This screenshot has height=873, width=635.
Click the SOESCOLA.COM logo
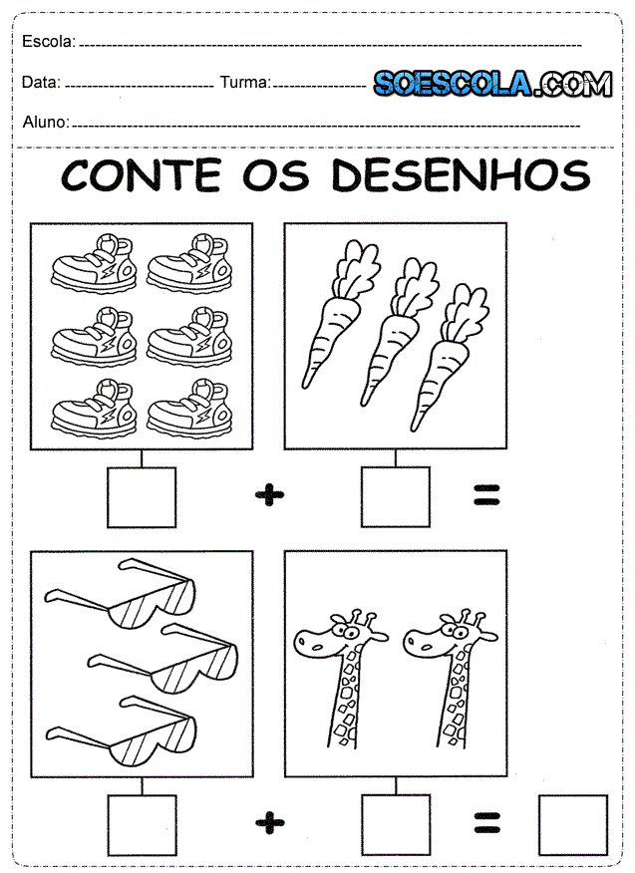coord(493,84)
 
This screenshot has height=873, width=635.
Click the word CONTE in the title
coord(141,175)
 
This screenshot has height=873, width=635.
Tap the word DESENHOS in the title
coord(461,175)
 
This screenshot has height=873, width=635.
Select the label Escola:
coord(49,41)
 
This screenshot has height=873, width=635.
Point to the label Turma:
coord(245,83)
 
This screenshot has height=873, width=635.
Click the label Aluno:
coord(46,122)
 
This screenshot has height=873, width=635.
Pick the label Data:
coord(41,83)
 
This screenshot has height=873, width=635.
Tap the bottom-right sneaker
coord(189,408)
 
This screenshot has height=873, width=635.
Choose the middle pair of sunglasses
coord(163,659)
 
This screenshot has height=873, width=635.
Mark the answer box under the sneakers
coord(142,497)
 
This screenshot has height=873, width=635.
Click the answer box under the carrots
coord(396,497)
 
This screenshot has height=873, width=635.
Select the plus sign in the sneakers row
coord(270,494)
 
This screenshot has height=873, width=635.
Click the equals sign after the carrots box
coord(486,494)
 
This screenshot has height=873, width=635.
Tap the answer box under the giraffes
coord(396,824)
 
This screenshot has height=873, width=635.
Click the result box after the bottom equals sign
coord(573,824)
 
